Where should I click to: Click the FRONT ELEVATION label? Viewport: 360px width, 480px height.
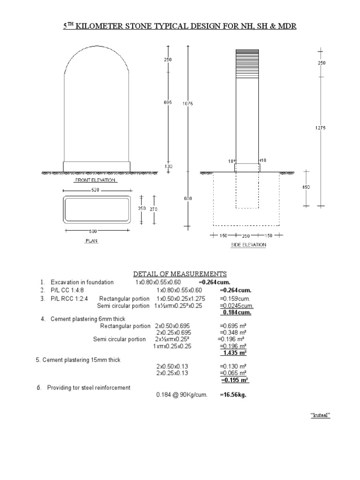coord(96,180)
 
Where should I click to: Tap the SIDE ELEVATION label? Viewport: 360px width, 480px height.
coord(248,245)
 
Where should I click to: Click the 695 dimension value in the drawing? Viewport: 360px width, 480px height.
coord(168,103)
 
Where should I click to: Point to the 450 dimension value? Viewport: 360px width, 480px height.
coord(307,187)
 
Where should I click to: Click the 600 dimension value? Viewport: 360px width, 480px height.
coord(187,198)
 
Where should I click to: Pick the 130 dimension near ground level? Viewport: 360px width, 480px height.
coord(168,166)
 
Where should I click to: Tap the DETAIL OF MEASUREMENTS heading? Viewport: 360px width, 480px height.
coord(180,274)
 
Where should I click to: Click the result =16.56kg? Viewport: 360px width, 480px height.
coord(233,395)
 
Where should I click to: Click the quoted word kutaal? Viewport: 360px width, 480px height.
coord(321,415)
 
